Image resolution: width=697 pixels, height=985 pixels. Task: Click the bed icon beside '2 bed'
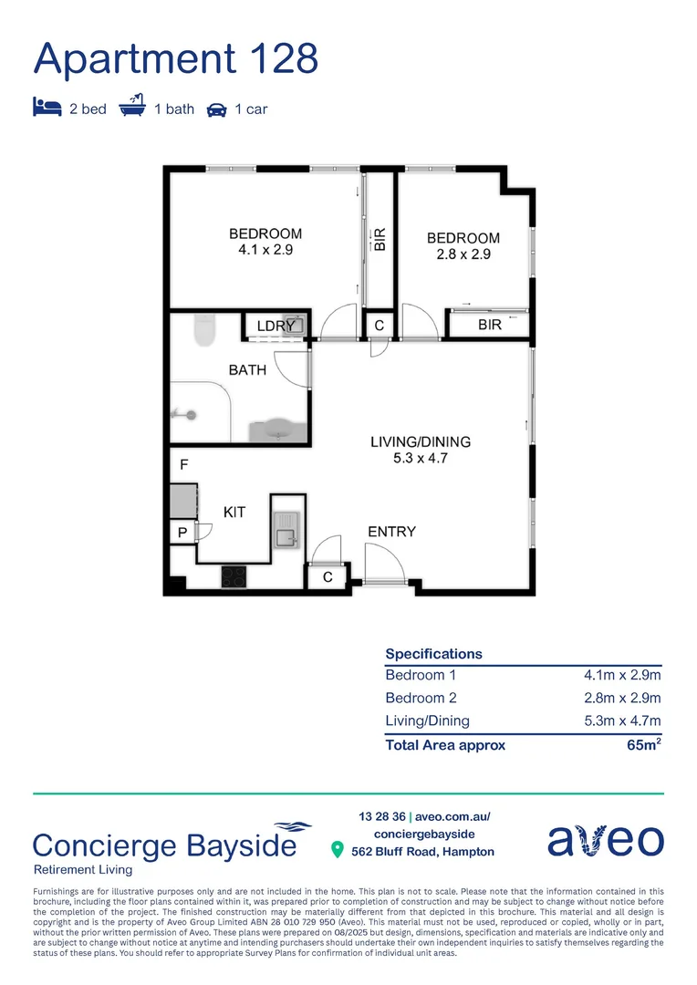click(x=47, y=108)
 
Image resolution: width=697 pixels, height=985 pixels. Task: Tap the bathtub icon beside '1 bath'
click(x=132, y=107)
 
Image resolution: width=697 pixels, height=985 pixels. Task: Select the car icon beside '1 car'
click(x=216, y=109)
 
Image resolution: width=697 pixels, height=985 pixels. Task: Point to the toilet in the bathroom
click(x=204, y=330)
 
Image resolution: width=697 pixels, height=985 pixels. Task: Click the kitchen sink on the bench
click(x=286, y=530)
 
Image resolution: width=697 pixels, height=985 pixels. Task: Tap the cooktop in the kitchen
click(x=234, y=576)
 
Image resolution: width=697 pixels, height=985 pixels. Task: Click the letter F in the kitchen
click(x=183, y=464)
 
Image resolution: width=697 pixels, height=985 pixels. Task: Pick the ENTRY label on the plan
click(x=391, y=532)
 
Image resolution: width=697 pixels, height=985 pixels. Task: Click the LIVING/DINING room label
click(x=421, y=442)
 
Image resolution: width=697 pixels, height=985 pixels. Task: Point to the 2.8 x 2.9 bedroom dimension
click(x=463, y=254)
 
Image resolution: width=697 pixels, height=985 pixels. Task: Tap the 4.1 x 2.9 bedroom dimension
click(x=265, y=249)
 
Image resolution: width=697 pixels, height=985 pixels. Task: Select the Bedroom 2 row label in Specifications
click(x=421, y=699)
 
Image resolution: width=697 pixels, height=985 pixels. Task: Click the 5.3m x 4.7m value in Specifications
click(x=622, y=721)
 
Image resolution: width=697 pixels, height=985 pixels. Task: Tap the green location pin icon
click(x=337, y=850)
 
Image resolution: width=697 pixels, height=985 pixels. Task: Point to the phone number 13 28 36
click(x=380, y=817)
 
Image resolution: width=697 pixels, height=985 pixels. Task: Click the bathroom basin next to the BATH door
click(x=277, y=430)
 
